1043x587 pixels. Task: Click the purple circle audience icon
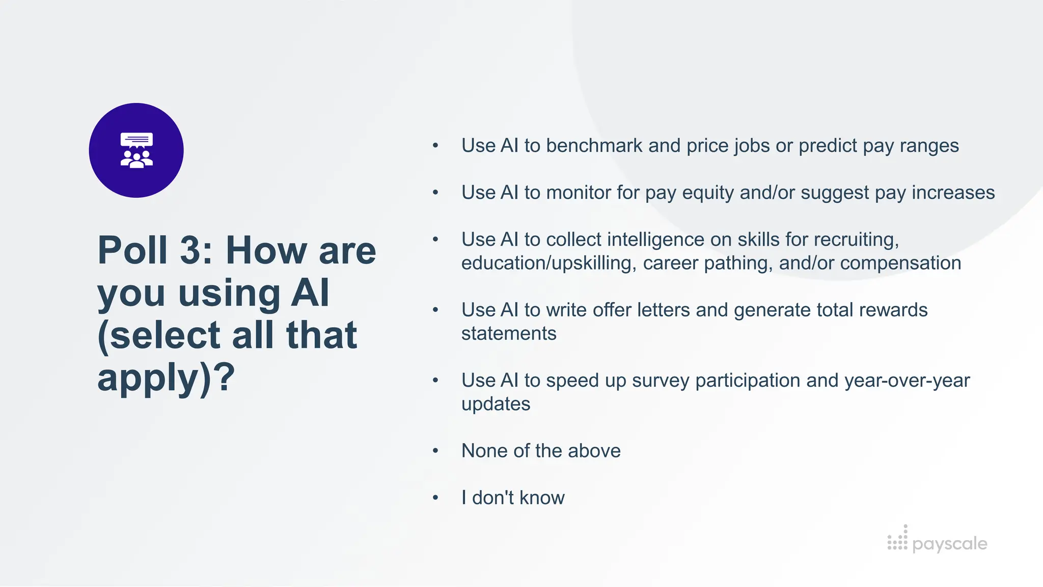click(136, 150)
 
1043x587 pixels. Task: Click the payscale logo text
click(949, 544)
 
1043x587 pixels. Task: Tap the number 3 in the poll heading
click(191, 250)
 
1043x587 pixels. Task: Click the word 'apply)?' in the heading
click(166, 378)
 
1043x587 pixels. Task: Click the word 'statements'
click(508, 333)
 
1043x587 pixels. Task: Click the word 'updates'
click(496, 404)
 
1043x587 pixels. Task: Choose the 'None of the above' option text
click(541, 450)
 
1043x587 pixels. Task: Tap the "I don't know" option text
click(513, 497)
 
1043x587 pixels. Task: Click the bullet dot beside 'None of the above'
click(435, 450)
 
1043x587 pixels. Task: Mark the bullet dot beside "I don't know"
click(435, 497)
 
